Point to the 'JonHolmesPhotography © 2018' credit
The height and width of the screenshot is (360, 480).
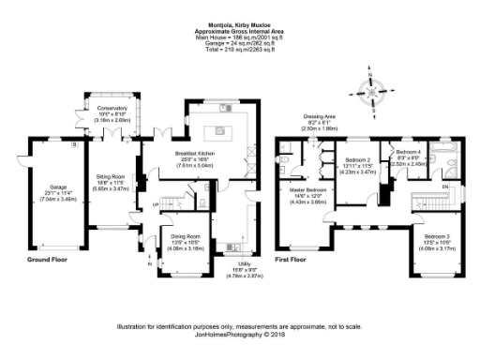(x=240, y=334)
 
